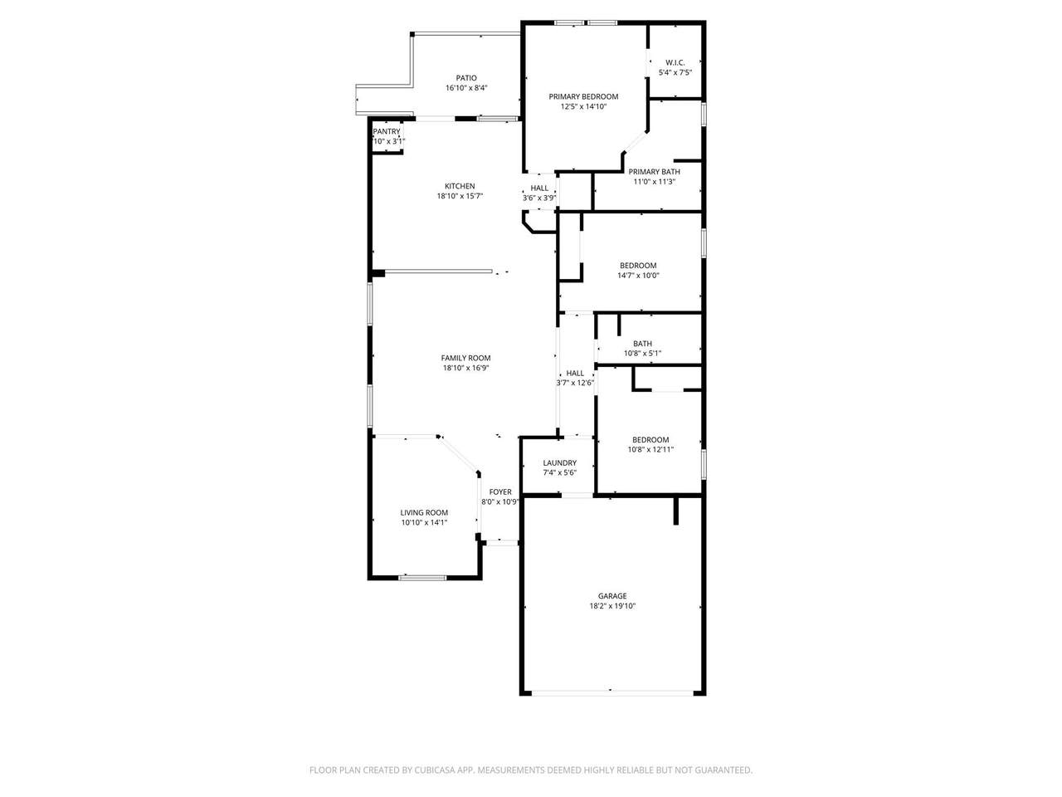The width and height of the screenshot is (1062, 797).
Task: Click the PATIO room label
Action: tap(466, 78)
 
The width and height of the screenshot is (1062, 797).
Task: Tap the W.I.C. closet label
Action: tap(675, 62)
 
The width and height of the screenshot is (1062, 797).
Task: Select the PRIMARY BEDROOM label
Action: tap(583, 97)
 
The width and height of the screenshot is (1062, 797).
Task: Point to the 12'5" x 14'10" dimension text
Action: tap(583, 107)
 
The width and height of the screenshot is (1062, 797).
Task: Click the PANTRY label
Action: tap(386, 132)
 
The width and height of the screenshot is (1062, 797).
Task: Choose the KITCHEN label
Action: tap(460, 186)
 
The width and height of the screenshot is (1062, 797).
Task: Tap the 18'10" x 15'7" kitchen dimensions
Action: tap(460, 197)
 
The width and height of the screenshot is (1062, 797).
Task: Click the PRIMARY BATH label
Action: tap(654, 172)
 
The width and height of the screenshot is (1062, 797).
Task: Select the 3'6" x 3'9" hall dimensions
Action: tap(539, 198)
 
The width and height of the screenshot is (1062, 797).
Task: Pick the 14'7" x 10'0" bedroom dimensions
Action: tap(638, 276)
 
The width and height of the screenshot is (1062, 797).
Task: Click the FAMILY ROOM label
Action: tap(465, 358)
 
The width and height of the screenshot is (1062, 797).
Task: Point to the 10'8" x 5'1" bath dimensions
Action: tap(642, 354)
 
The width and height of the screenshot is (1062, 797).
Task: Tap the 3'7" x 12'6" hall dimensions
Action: tap(575, 384)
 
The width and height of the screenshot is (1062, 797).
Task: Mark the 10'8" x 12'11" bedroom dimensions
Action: tap(650, 449)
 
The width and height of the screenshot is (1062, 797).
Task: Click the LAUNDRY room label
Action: tap(559, 463)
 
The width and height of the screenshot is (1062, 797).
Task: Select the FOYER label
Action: tap(499, 492)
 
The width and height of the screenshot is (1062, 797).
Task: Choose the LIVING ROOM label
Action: tap(424, 513)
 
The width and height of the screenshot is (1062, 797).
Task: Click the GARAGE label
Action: tap(612, 596)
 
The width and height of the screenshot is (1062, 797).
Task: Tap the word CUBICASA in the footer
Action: tap(435, 770)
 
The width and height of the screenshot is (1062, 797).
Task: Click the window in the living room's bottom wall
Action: tap(422, 577)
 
